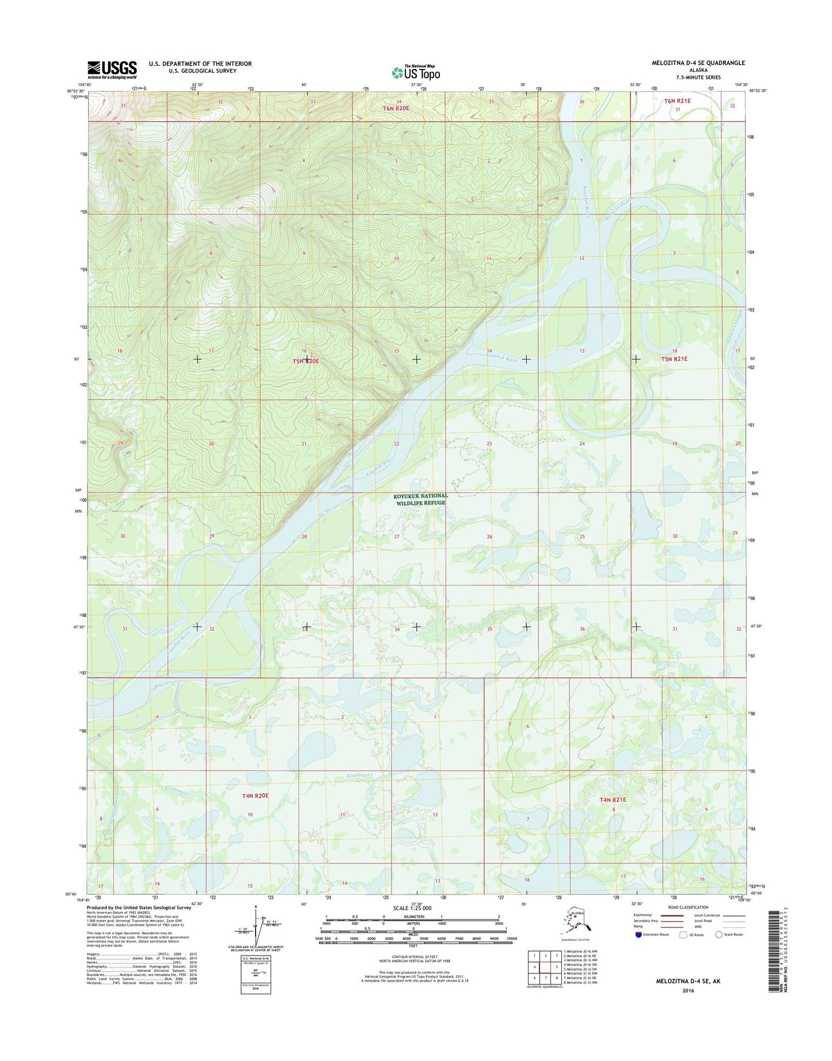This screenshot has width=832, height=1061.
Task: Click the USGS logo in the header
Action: click(x=112, y=70)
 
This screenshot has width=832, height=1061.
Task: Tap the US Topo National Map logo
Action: click(x=416, y=72)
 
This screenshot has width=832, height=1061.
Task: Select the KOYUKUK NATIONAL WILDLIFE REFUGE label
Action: click(x=420, y=499)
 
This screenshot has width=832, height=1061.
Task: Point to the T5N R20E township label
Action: click(x=306, y=361)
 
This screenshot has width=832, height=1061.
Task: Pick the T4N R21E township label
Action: click(x=613, y=799)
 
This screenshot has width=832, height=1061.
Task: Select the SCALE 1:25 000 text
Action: click(x=412, y=908)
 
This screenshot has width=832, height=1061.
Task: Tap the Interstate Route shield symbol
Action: click(x=638, y=934)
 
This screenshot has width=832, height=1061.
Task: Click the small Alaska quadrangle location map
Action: click(x=576, y=923)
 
